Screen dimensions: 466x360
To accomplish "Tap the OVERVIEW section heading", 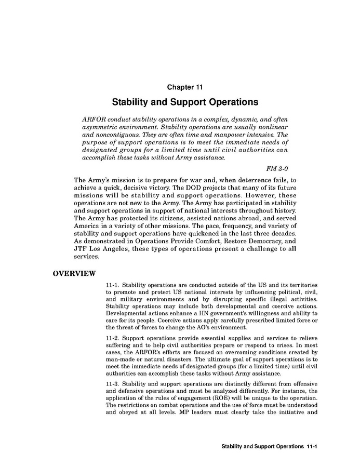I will click(x=74, y=274).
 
